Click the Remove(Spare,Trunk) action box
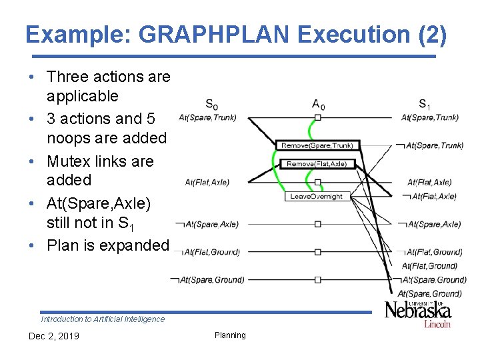(x=317, y=145)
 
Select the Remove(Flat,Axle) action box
(x=317, y=163)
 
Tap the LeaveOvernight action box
(x=317, y=196)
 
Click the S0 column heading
(x=211, y=105)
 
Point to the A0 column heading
(x=319, y=105)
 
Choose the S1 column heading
(x=425, y=105)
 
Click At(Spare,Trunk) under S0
(x=207, y=118)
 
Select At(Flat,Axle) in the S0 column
(x=207, y=183)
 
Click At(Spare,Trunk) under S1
(x=429, y=118)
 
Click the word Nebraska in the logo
(x=417, y=310)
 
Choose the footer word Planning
(x=230, y=335)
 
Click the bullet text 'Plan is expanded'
(x=108, y=245)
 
